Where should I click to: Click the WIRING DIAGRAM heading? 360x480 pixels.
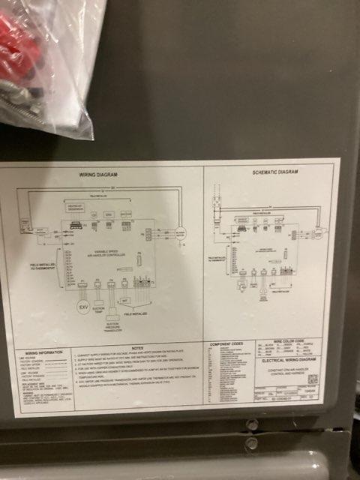98,175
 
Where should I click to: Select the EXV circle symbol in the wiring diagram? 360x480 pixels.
82,307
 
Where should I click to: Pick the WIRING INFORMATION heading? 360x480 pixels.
42,352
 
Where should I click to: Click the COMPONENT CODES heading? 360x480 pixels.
226,344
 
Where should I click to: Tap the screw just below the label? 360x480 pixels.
252,425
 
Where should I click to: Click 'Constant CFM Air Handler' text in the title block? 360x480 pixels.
286,373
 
